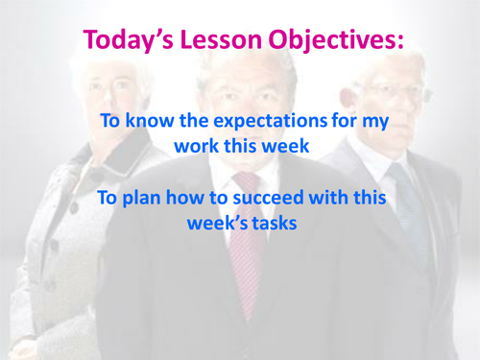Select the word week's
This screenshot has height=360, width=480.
pyautogui.click(x=215, y=225)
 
